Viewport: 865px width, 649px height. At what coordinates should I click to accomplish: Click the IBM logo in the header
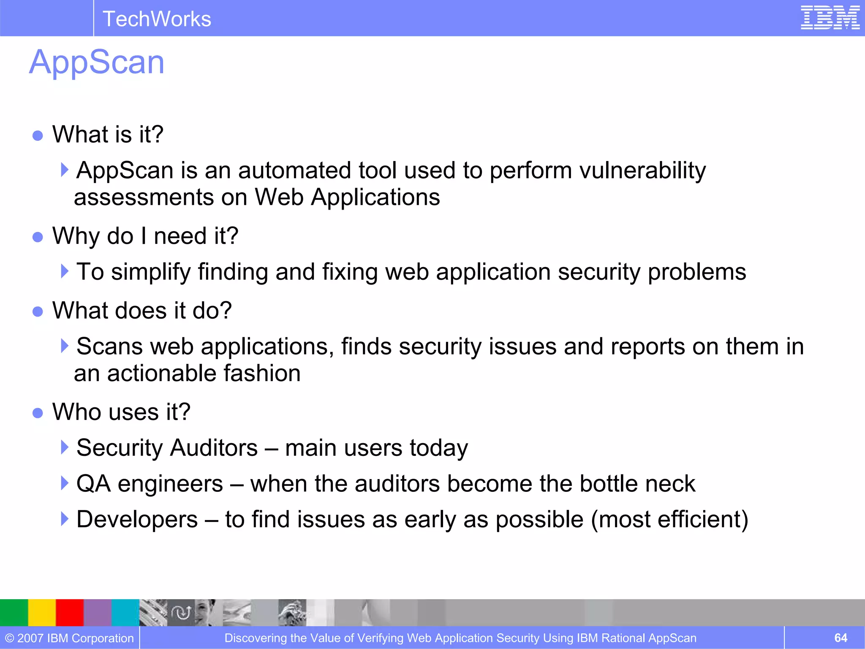(x=830, y=18)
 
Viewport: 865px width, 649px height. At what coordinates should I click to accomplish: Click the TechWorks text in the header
(x=157, y=19)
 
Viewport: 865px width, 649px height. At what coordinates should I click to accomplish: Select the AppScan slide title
(x=97, y=62)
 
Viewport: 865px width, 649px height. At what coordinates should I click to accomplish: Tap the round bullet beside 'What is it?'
(x=38, y=135)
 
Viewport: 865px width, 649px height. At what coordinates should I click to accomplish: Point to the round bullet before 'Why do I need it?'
(x=38, y=237)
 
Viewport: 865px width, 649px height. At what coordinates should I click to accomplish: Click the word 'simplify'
(x=151, y=272)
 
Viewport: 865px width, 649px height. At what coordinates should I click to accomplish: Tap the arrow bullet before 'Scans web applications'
(x=64, y=346)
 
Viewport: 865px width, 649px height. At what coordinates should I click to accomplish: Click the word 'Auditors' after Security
(x=214, y=448)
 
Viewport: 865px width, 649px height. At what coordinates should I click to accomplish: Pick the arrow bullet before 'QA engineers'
(x=64, y=483)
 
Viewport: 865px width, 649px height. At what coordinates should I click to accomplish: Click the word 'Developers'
(x=137, y=519)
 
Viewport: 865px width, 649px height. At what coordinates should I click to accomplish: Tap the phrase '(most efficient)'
(x=669, y=519)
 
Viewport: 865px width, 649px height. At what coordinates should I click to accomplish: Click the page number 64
(x=841, y=638)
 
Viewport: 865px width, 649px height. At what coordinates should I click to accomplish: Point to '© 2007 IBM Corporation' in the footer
(x=69, y=638)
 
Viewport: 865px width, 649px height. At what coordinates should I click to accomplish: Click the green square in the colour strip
(x=14, y=612)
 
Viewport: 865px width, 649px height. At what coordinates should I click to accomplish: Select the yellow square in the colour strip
(x=42, y=612)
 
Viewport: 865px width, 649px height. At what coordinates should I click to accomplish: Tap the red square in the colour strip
(x=70, y=612)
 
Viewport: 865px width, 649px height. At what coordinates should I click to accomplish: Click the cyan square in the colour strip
(x=125, y=612)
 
